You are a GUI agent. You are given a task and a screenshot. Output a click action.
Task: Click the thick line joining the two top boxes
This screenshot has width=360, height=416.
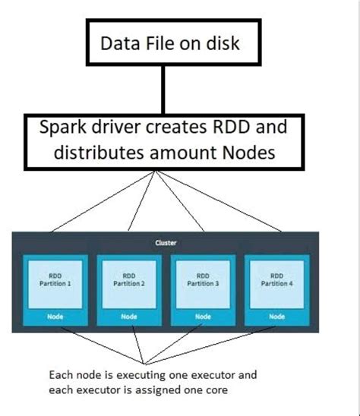pos(159,90)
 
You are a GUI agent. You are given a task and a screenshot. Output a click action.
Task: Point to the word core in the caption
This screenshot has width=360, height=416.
pos(215,389)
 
